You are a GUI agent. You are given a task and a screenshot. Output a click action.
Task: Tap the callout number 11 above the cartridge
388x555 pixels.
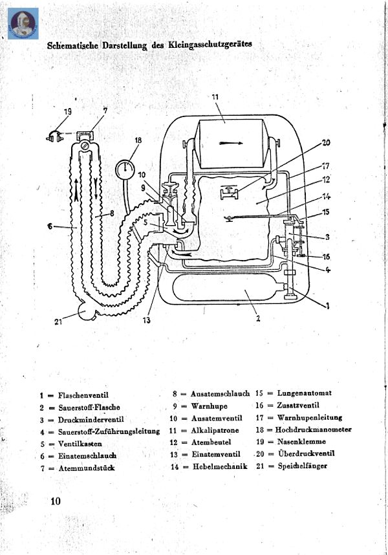pyautogui.click(x=215, y=97)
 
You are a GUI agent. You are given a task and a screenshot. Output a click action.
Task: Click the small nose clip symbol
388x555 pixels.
pyautogui.click(x=54, y=136)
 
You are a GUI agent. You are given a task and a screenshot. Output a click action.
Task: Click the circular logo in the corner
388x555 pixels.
pyautogui.click(x=23, y=23)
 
